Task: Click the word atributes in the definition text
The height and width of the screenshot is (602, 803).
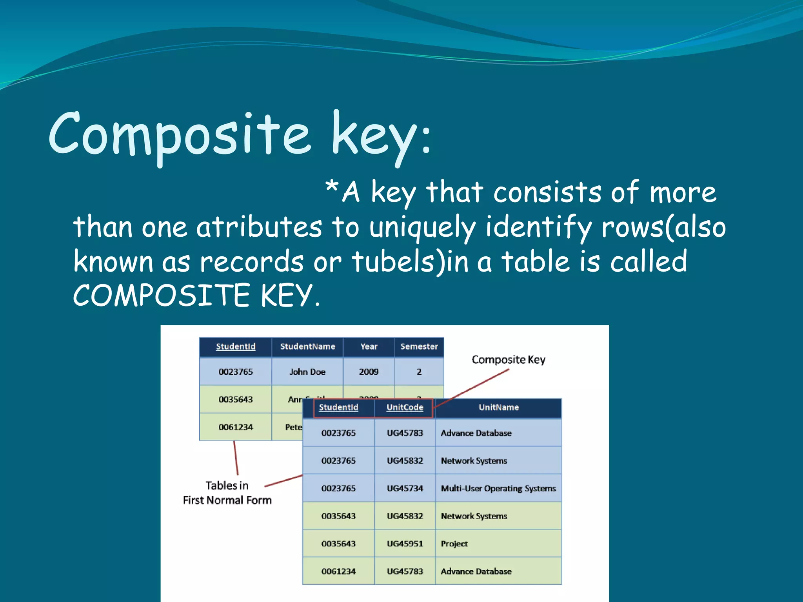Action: point(259,227)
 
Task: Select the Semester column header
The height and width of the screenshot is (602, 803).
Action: point(419,346)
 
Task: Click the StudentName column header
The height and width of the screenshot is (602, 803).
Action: point(307,346)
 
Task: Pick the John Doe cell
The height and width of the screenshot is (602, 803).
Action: point(307,372)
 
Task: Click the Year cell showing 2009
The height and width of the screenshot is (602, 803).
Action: point(369,372)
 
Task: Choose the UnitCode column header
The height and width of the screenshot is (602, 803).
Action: point(405,407)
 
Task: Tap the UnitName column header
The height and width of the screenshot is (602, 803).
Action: point(498,407)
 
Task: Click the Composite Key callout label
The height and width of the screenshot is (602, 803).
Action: point(508,359)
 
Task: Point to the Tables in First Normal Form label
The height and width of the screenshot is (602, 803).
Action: point(227,493)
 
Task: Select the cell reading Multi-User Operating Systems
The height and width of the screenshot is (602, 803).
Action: point(498,488)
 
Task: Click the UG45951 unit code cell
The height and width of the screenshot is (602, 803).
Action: point(405,544)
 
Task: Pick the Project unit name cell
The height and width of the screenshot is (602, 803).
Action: point(454,544)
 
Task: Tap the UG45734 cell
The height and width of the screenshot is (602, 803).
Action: point(405,488)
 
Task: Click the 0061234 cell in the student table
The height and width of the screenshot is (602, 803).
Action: point(236,427)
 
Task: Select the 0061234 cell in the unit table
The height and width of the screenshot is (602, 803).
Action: point(338,571)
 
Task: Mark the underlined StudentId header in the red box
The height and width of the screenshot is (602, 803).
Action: point(338,407)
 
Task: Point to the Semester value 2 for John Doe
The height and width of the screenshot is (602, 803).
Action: point(419,372)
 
